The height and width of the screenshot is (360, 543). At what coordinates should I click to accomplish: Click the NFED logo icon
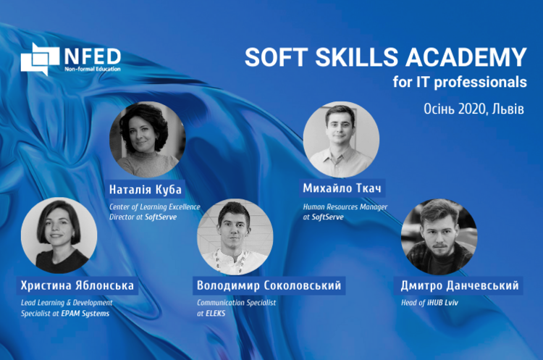40,59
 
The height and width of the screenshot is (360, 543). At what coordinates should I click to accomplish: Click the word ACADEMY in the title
466,57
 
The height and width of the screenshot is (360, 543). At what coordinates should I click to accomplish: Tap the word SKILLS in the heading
357,57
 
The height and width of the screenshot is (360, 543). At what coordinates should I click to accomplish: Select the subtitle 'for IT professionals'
460,82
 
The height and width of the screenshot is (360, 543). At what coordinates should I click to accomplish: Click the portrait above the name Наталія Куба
148,140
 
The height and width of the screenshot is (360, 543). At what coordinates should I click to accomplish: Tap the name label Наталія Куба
146,190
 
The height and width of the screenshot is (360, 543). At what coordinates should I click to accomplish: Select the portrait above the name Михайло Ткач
342,140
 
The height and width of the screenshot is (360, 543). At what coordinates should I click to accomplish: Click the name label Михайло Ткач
342,188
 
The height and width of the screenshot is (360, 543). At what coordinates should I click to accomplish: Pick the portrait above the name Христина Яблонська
59,235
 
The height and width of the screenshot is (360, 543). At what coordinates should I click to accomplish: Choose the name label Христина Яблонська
77,285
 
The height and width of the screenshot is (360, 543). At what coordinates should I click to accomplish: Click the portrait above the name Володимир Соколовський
235,237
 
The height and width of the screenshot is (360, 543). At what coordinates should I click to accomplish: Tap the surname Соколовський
303,285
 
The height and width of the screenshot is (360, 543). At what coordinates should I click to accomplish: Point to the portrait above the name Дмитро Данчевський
439,237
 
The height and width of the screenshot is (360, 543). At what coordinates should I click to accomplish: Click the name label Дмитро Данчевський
460,285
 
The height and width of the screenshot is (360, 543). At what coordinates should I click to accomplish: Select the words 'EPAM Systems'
85,314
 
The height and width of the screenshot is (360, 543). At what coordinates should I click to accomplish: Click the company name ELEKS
216,314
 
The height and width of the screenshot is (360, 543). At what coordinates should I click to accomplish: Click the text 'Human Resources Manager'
345,207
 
